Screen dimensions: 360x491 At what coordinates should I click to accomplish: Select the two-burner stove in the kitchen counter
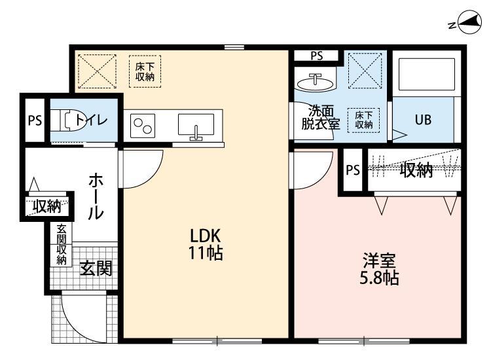(143, 125)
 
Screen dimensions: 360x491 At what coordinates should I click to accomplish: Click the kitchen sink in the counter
(195, 124)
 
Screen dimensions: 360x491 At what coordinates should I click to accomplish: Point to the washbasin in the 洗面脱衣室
(315, 82)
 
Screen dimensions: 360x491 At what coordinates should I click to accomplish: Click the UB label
(422, 120)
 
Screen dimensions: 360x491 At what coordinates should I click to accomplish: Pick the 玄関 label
(96, 268)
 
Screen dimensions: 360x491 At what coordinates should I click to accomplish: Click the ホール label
(96, 196)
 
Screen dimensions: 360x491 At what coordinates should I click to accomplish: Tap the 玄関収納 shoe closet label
(62, 245)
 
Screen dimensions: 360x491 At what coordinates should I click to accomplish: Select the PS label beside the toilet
(34, 120)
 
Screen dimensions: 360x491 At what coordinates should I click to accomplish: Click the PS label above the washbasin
(316, 56)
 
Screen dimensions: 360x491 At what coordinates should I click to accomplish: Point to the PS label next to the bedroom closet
(353, 171)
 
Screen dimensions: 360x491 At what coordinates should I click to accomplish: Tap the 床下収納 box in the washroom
(363, 119)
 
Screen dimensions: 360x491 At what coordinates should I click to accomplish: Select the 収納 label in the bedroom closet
(416, 171)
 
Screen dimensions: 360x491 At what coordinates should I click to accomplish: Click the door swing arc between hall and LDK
(145, 169)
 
